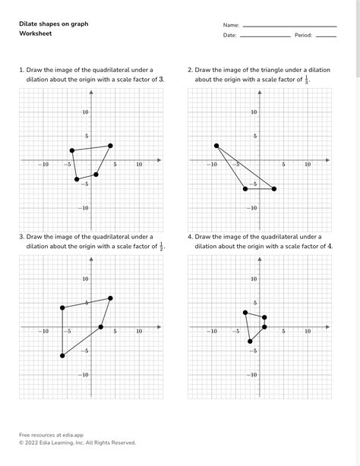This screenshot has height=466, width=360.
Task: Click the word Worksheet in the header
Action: tap(34, 35)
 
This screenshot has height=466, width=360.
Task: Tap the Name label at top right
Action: tap(231, 24)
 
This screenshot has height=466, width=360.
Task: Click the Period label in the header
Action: tap(304, 36)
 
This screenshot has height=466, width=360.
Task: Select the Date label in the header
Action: tap(229, 36)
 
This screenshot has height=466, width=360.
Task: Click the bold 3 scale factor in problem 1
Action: tap(163, 78)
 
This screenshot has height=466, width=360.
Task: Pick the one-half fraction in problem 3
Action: tap(162, 246)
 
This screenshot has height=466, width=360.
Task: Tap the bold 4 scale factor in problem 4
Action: tap(330, 246)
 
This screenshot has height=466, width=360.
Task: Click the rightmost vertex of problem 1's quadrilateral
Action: tap(110, 146)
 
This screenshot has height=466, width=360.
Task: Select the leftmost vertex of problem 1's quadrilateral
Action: tap(71, 150)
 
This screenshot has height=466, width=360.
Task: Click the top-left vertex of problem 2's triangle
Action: tap(216, 146)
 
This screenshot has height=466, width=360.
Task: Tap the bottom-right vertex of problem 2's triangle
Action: tap(273, 188)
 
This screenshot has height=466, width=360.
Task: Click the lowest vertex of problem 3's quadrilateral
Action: tap(62, 355)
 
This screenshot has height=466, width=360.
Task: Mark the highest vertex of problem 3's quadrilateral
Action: tap(110, 298)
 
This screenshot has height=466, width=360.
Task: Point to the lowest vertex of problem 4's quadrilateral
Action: tap(250, 342)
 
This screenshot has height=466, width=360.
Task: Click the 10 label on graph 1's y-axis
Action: tap(86, 112)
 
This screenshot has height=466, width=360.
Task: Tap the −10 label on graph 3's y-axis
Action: tap(84, 375)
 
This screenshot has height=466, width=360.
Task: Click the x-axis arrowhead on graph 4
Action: tap(328, 327)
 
